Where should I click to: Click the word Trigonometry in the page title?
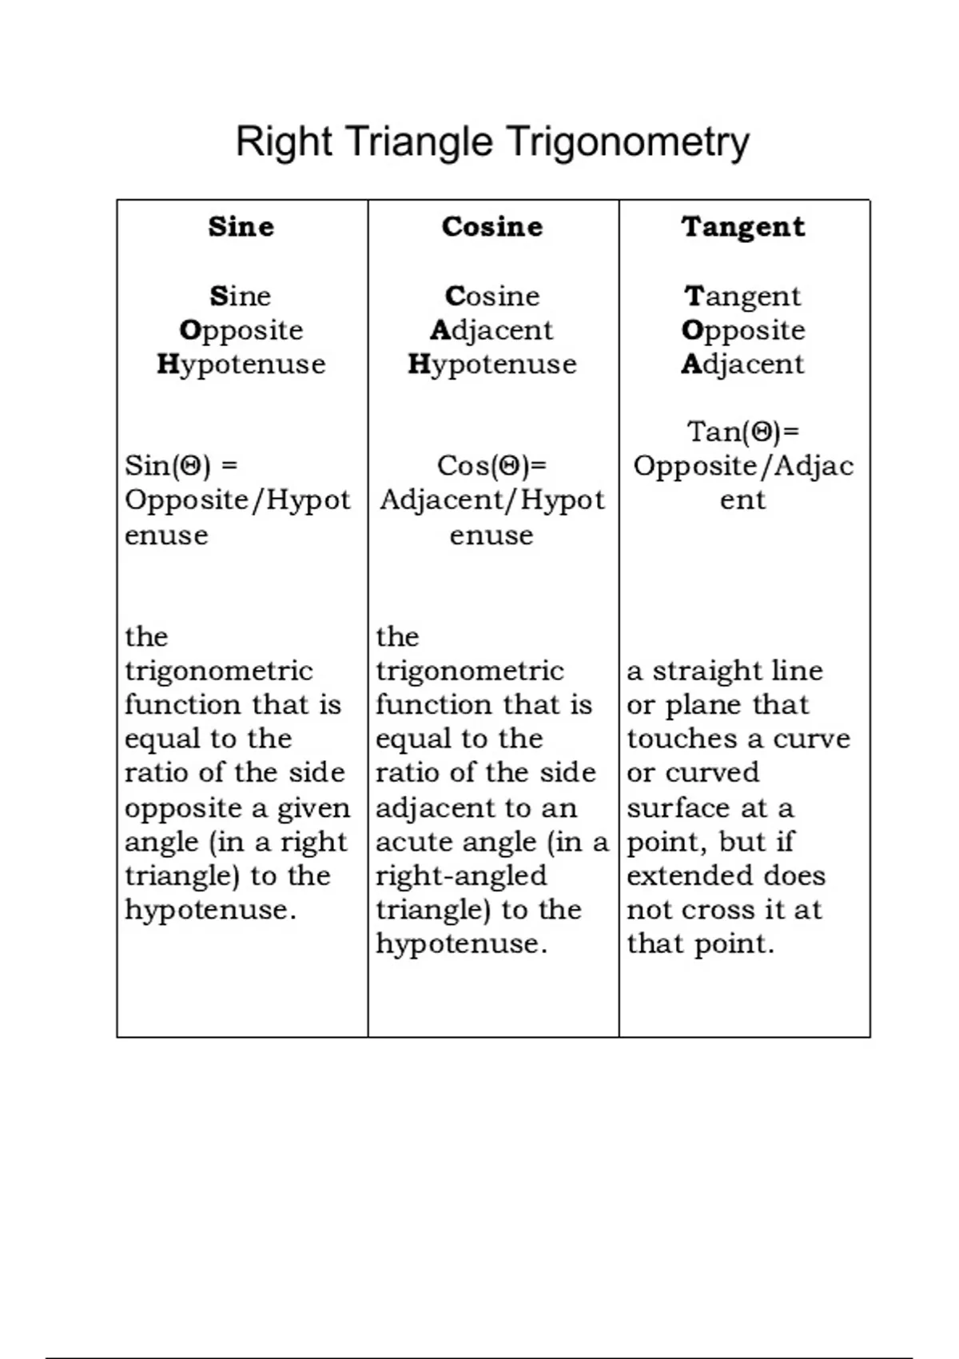[628, 142]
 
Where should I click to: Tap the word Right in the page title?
[284, 142]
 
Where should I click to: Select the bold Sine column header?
[241, 226]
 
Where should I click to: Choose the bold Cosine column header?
[492, 226]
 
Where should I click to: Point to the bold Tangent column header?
[743, 227]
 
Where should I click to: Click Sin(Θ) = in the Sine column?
[181, 465]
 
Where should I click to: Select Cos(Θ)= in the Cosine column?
[491, 465]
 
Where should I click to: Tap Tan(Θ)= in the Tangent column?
[743, 432]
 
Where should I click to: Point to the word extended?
[689, 875]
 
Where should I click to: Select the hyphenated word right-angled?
[461, 875]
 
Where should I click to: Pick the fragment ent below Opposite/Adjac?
[742, 500]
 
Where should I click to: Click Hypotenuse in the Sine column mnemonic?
[241, 365]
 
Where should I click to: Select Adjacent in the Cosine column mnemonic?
[491, 330]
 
